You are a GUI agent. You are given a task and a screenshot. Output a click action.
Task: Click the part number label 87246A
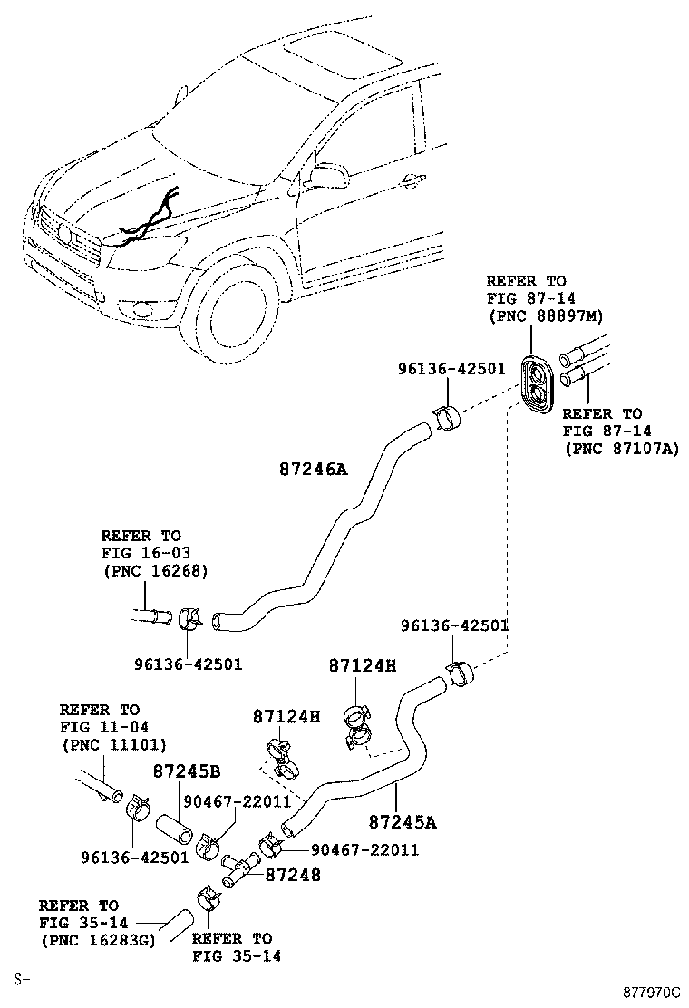(x=313, y=470)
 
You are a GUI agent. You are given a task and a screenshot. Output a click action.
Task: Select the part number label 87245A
(x=403, y=822)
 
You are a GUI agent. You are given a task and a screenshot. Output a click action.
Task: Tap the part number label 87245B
(x=187, y=772)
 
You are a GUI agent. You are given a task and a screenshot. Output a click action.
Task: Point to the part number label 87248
(x=293, y=875)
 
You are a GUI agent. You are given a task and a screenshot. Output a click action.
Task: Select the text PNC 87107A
(x=620, y=448)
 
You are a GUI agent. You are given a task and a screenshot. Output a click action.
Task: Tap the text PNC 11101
(x=113, y=744)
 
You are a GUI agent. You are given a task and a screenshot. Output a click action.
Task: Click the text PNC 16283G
(x=97, y=939)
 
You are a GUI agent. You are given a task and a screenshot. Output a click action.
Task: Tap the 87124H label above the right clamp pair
(x=363, y=665)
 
